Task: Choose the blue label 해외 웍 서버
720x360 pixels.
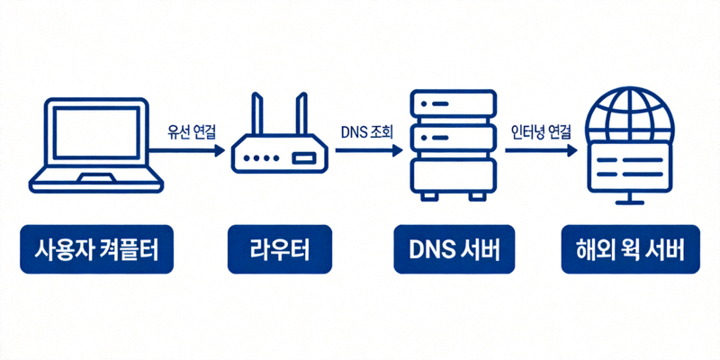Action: [629, 249]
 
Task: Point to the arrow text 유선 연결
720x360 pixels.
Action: [192, 131]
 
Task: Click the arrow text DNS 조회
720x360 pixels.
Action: [367, 131]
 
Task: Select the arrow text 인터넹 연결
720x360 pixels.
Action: [540, 131]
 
